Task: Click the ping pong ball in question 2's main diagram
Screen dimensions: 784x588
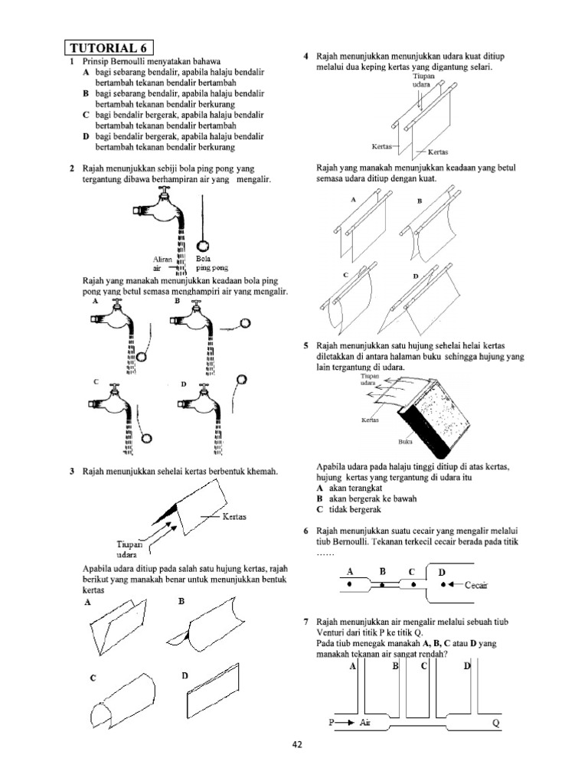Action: (x=204, y=247)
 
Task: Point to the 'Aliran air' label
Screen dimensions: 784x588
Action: (x=162, y=264)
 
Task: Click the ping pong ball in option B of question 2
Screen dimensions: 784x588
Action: (x=245, y=323)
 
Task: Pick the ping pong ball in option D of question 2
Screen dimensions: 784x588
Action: (x=243, y=378)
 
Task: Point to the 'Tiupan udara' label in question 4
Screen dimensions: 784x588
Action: (x=422, y=81)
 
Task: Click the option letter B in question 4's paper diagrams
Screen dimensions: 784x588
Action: (x=420, y=201)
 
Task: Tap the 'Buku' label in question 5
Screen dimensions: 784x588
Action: (x=405, y=442)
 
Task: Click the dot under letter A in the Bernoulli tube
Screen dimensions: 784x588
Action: (x=350, y=584)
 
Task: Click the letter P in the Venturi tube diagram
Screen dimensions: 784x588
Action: (x=332, y=722)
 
